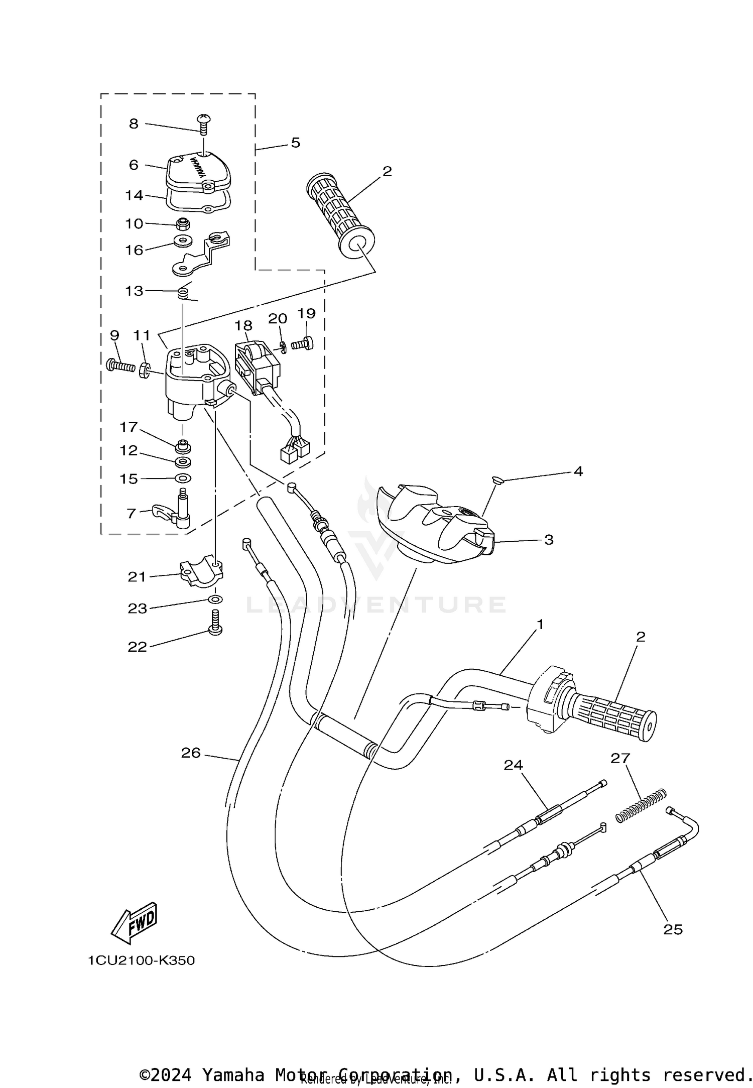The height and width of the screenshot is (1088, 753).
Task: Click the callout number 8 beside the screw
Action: tap(134, 124)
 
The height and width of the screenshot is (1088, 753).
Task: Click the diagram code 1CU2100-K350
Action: tap(141, 960)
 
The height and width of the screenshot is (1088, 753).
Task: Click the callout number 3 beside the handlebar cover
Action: tap(549, 540)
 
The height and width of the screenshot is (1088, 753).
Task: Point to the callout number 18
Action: tap(243, 325)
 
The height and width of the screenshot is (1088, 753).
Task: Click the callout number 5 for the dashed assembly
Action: tap(296, 143)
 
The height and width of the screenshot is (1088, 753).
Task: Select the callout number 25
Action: tap(673, 929)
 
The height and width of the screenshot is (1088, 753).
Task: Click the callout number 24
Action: tap(514, 765)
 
